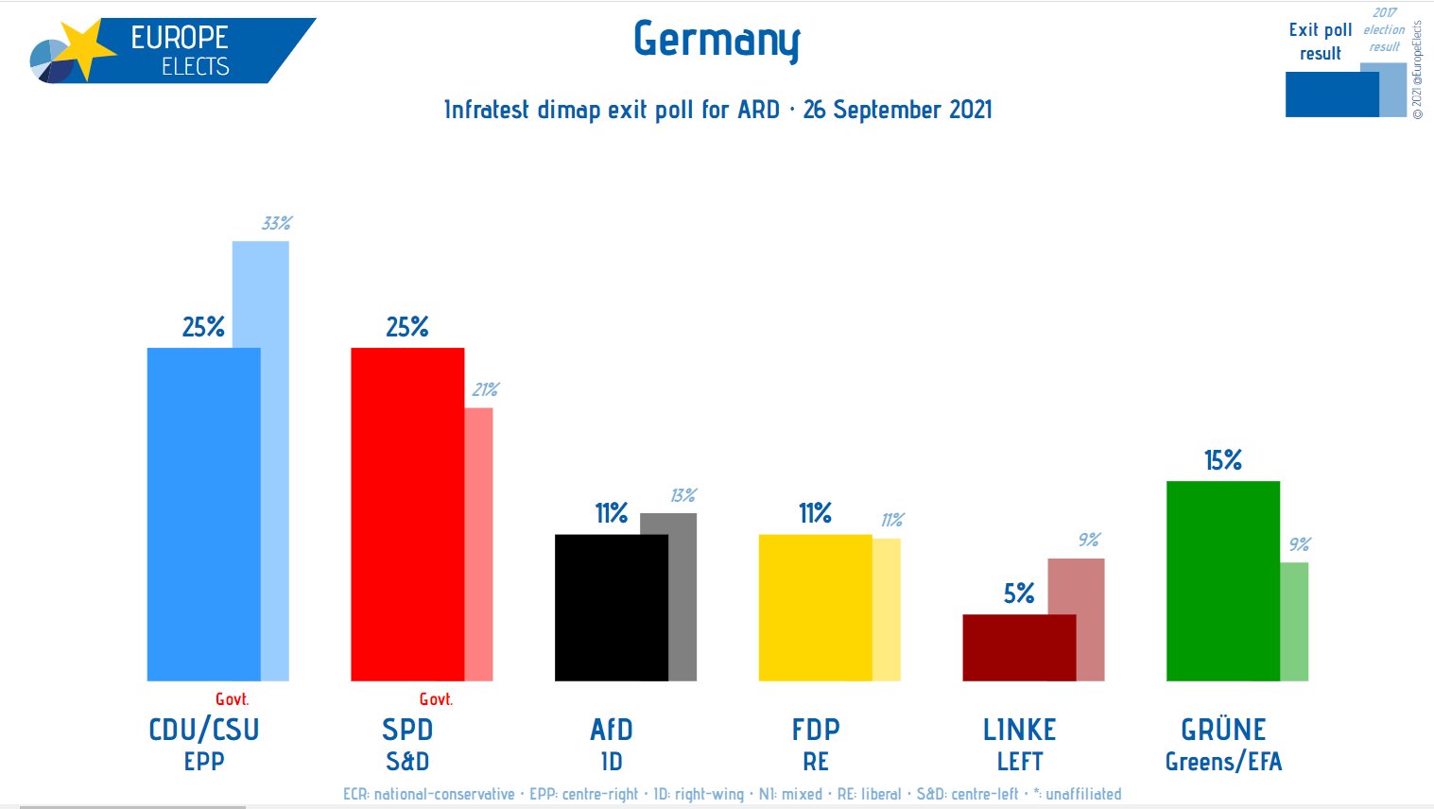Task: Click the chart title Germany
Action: [717, 41]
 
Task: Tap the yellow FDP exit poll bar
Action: [815, 607]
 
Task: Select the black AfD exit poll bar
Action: [611, 607]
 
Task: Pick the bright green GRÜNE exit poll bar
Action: [1222, 580]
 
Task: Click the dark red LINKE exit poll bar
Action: [1018, 647]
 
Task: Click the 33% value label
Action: [276, 223]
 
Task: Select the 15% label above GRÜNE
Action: [1222, 460]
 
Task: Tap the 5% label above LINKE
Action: [1018, 594]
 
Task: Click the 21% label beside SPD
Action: [485, 389]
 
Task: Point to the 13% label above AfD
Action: [682, 495]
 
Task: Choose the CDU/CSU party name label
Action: [203, 730]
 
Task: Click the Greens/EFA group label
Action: [1223, 762]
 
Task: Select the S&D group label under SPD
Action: [407, 762]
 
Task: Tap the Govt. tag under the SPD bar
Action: [436, 699]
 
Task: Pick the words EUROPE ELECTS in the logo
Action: [180, 51]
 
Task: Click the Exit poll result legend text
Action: [1320, 42]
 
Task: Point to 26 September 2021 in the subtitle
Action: [897, 110]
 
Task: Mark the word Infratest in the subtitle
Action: [487, 110]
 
